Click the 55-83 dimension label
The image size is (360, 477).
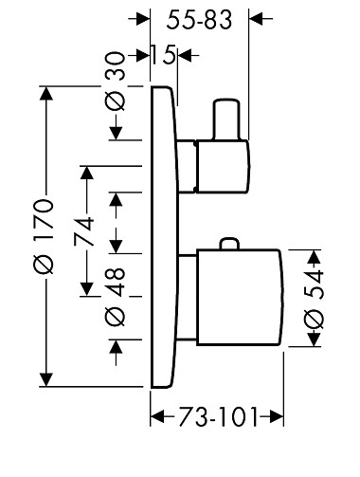click(x=199, y=20)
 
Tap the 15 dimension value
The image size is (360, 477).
click(x=163, y=55)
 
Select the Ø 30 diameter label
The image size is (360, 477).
click(x=115, y=82)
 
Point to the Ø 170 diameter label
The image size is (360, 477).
click(x=44, y=236)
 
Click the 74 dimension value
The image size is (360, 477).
click(x=84, y=231)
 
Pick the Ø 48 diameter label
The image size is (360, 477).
click(x=115, y=297)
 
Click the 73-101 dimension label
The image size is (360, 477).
click(x=218, y=416)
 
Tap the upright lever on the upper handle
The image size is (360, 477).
click(x=226, y=119)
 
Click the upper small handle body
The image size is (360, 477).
click(x=224, y=166)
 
